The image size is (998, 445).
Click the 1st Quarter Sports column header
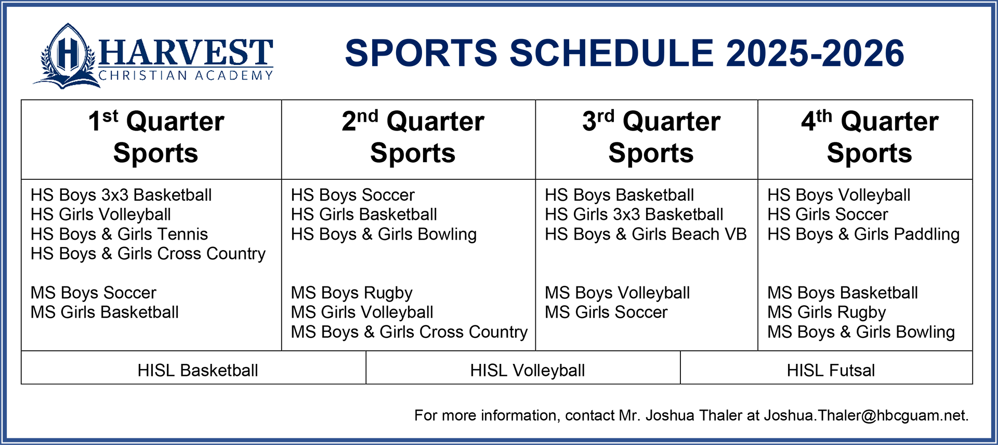156,137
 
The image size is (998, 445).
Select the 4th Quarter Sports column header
870,137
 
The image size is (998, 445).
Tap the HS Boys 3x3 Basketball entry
121,195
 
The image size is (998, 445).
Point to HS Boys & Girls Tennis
119,234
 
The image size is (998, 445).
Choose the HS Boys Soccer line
352,195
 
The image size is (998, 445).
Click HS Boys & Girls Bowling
384,234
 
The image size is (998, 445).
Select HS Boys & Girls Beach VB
646,234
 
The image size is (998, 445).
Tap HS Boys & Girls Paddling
863,234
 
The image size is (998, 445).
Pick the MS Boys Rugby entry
351,293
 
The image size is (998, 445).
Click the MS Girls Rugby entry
826,312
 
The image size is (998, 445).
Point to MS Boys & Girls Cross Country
409,332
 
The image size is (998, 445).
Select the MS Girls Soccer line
606,312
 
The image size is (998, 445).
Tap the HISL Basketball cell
198,371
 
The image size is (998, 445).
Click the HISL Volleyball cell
528,371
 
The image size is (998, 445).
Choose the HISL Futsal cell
831,371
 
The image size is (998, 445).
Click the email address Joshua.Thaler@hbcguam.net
866,416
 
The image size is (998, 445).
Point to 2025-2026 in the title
815,54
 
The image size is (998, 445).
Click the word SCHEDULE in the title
612,54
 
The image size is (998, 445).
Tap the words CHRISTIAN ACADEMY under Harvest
186,76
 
